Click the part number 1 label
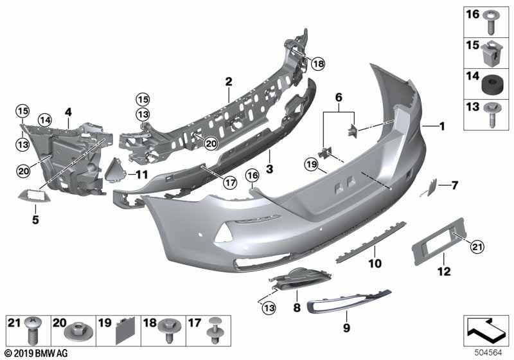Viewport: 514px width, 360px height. [x=442, y=126]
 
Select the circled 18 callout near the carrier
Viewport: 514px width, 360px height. [x=318, y=63]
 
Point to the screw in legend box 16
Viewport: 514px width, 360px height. [x=491, y=22]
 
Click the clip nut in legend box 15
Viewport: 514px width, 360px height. [x=492, y=53]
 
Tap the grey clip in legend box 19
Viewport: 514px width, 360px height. [x=125, y=330]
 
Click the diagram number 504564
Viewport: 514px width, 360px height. [x=488, y=353]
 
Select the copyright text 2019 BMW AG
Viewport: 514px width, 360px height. [x=36, y=353]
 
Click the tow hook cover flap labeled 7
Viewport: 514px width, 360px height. [x=429, y=187]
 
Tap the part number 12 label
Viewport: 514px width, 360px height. [x=444, y=271]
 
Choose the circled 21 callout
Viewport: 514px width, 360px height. [x=477, y=247]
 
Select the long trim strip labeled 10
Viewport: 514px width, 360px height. [x=371, y=242]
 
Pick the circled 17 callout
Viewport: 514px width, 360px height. [x=230, y=183]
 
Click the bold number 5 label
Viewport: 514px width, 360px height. [x=35, y=219]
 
